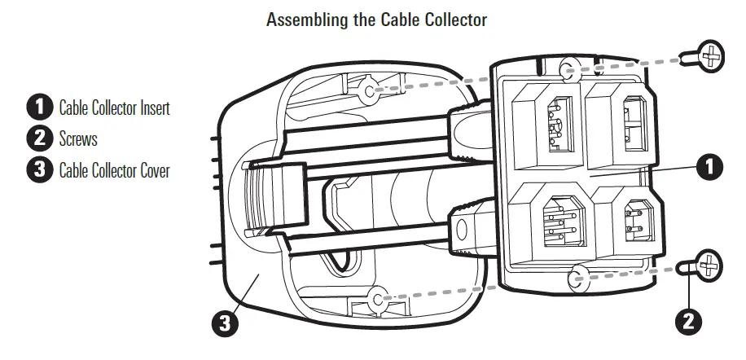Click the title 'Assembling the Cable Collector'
tap(376, 20)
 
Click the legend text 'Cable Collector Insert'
tap(114, 108)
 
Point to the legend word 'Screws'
tap(78, 138)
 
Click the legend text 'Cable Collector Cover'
tap(114, 171)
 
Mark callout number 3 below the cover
tap(225, 323)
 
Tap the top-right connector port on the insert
tap(619, 122)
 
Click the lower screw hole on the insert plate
tap(579, 274)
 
